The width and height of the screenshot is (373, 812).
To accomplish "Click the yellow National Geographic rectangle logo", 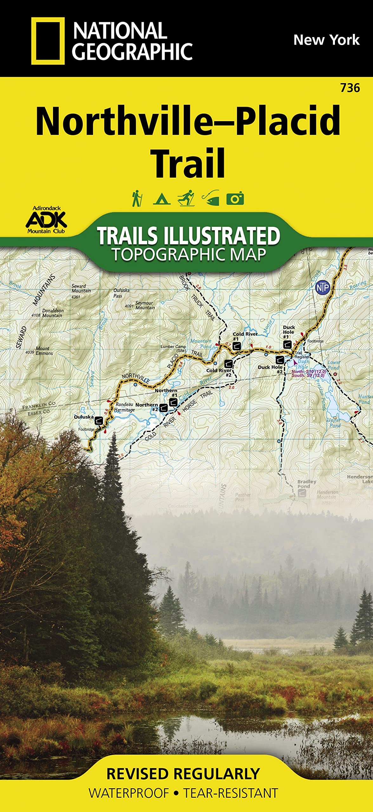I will click(48, 41).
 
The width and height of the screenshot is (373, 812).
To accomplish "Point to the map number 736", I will click(350, 88).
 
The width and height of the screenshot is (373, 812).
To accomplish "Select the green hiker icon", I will click(137, 199).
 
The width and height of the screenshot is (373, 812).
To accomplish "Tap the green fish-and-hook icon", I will click(211, 198).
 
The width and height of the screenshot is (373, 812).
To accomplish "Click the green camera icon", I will click(235, 199).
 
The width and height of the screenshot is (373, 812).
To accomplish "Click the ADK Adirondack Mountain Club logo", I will click(46, 220).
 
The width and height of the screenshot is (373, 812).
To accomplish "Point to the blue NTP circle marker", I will click(323, 288).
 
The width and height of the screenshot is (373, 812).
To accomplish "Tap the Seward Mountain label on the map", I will click(81, 289).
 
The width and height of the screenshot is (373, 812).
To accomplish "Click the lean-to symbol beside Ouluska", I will click(99, 421).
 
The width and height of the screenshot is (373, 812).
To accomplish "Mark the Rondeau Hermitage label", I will click(124, 407).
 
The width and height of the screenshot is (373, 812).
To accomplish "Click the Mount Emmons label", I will click(44, 351).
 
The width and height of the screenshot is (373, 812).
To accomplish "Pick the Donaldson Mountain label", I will click(52, 313).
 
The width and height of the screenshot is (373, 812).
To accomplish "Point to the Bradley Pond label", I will click(306, 484).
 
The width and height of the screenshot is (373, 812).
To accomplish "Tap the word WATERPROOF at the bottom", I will click(129, 793).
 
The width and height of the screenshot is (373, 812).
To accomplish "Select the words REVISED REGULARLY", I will click(183, 774).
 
